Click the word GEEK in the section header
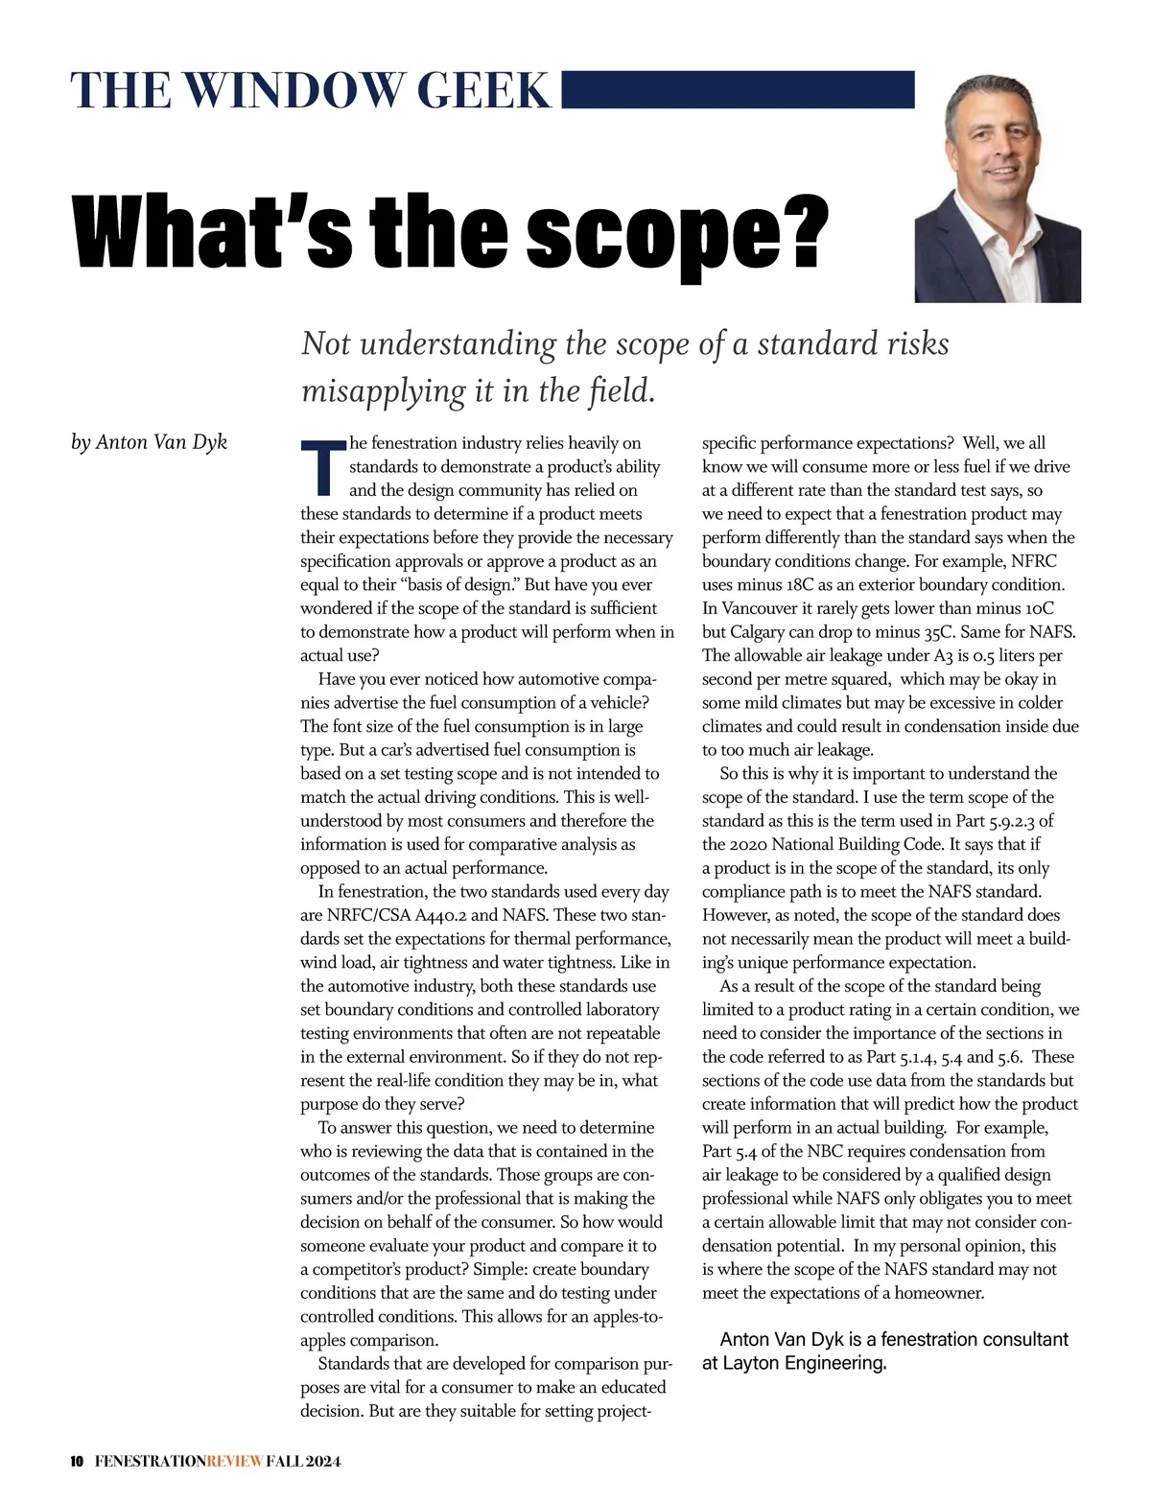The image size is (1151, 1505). [x=484, y=90]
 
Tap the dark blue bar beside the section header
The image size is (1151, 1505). [x=737, y=89]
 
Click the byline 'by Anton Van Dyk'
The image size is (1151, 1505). [x=149, y=442]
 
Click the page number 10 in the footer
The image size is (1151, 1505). [x=78, y=1462]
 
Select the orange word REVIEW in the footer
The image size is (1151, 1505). [x=234, y=1462]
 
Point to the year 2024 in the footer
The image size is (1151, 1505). [x=323, y=1462]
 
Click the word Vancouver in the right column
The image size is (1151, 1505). [x=759, y=608]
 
